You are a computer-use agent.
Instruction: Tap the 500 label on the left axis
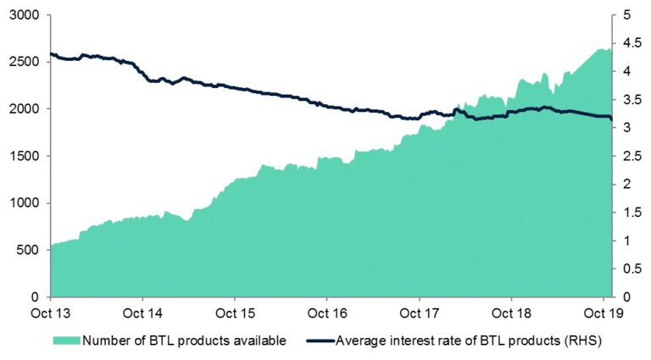29,251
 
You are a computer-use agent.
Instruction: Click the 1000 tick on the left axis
25,203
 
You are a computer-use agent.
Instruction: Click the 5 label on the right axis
624,15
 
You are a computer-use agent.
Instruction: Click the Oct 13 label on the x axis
51,313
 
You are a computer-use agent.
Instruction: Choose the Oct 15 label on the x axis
236,313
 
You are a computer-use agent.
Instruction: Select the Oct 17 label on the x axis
420,313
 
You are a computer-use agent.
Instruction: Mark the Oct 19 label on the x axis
604,313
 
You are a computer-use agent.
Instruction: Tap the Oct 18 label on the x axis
511,313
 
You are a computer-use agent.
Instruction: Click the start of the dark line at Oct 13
52,54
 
